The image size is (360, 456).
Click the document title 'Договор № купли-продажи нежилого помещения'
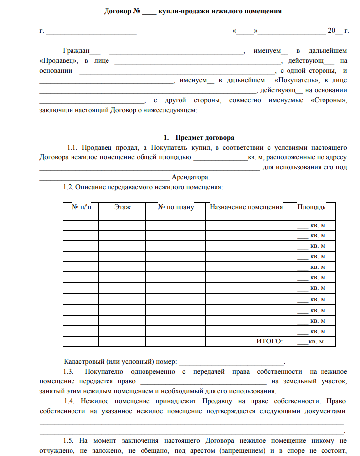pyautogui.click(x=193, y=11)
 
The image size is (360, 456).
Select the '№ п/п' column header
pyautogui.click(x=82, y=207)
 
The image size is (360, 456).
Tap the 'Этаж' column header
pyautogui.click(x=122, y=207)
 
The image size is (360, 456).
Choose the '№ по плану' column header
pyautogui.click(x=176, y=207)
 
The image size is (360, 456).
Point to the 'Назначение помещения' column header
pyautogui.click(x=246, y=207)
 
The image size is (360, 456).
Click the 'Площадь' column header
pyautogui.click(x=311, y=207)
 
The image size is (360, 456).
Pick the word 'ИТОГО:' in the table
pyautogui.click(x=270, y=342)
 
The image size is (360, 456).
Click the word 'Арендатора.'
pyautogui.click(x=190, y=177)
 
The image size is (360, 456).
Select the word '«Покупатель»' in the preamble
pyautogui.click(x=296, y=80)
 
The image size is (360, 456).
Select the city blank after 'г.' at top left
pyautogui.click(x=91, y=31)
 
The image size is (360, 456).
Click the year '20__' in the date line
pyautogui.click(x=334, y=31)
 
